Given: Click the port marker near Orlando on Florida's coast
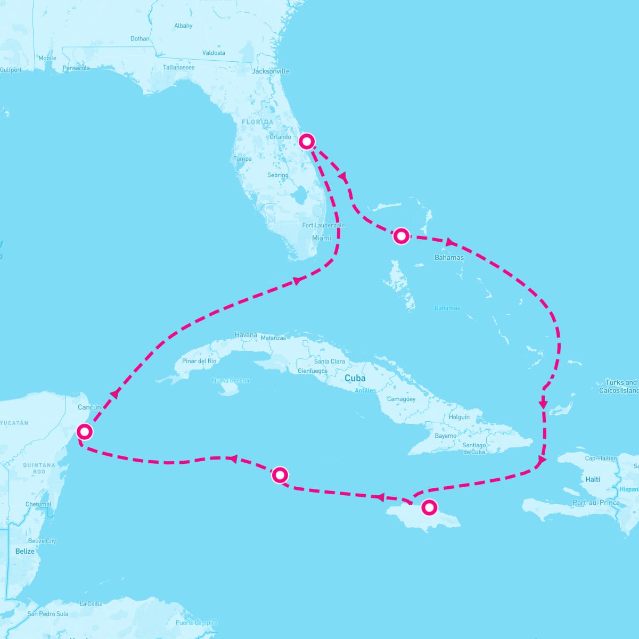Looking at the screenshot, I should pyautogui.click(x=307, y=141).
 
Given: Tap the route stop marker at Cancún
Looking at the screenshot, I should pyautogui.click(x=85, y=431).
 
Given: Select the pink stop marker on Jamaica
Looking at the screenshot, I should pyautogui.click(x=429, y=507).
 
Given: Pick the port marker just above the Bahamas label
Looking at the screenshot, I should pyautogui.click(x=401, y=235).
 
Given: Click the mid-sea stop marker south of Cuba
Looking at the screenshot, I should pyautogui.click(x=280, y=474).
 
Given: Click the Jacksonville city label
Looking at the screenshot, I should pyautogui.click(x=271, y=71).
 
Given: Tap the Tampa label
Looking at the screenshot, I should pyautogui.click(x=242, y=159).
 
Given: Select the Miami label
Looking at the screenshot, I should pyautogui.click(x=322, y=238).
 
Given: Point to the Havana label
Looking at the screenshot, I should pyautogui.click(x=246, y=335).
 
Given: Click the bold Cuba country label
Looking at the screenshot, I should pyautogui.click(x=355, y=378).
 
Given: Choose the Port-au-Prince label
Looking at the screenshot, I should pyautogui.click(x=596, y=503).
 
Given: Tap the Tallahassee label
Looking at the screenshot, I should pyautogui.click(x=178, y=68).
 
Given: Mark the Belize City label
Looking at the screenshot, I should pyautogui.click(x=42, y=541).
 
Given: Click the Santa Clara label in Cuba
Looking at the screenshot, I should pyautogui.click(x=330, y=361).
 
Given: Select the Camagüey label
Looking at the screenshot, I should pyautogui.click(x=401, y=399).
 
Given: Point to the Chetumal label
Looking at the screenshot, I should pyautogui.click(x=38, y=504).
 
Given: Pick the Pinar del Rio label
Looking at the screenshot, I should pyautogui.click(x=199, y=361).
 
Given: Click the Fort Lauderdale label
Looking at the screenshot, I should pyautogui.click(x=323, y=225).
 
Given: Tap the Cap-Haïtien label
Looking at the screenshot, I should pyautogui.click(x=601, y=458).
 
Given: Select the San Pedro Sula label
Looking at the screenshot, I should pyautogui.click(x=48, y=613).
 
